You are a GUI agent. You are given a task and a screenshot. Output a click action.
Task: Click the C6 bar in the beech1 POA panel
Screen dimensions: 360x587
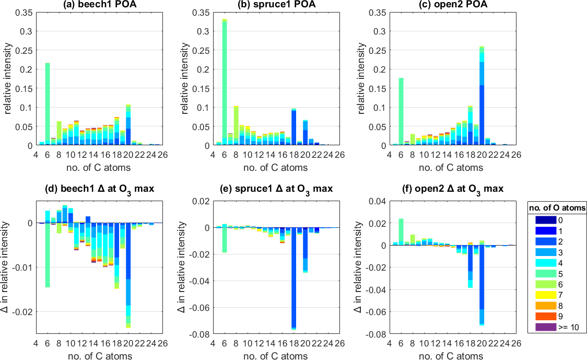coord(48,104)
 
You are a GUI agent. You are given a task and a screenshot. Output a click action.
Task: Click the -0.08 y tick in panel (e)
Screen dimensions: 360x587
coord(202,333)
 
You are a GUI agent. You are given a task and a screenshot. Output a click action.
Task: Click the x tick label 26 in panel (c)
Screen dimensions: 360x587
coord(516,155)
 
